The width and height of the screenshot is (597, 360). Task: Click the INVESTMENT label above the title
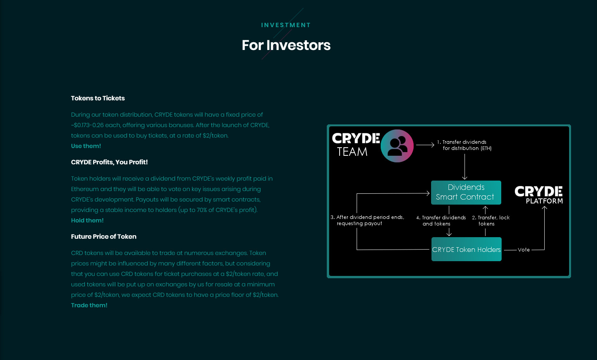[x=286, y=25]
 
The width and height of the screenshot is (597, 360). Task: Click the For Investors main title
[x=286, y=45]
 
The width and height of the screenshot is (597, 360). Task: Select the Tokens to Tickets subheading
[x=98, y=98]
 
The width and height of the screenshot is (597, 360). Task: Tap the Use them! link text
[x=86, y=146]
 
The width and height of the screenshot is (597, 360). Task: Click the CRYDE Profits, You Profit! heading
[x=109, y=162]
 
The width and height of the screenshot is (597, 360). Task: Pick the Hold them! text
[x=87, y=220]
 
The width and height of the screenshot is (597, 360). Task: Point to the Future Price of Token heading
[x=104, y=236]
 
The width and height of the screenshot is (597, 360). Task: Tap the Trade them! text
[x=89, y=305]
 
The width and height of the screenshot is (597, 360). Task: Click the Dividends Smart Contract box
[x=466, y=192]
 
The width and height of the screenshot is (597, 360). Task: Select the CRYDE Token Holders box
[x=466, y=249]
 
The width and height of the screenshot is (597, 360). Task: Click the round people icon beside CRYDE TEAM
[x=397, y=146]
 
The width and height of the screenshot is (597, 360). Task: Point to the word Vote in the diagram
[x=524, y=250]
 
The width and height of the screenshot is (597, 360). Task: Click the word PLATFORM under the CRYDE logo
[x=544, y=201]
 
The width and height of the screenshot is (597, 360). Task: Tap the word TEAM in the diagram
[x=352, y=152]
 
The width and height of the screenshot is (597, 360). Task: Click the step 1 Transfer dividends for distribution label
[x=464, y=145]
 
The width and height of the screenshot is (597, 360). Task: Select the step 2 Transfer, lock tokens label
[x=491, y=220]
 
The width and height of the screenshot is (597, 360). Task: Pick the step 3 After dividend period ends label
[x=367, y=220]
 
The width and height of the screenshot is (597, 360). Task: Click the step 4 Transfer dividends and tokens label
[x=441, y=220]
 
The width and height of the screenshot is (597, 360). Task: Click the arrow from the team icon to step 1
[x=425, y=145]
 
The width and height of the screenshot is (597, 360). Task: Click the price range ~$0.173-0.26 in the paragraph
[x=87, y=125]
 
